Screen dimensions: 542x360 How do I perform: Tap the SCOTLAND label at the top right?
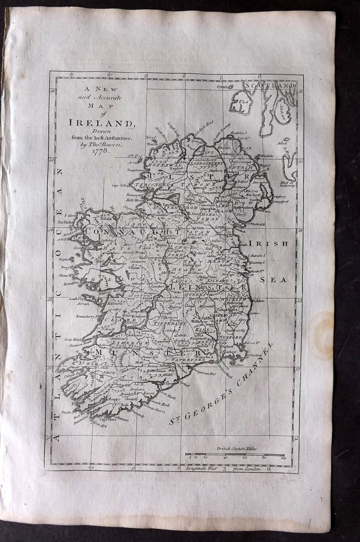pos(270,85)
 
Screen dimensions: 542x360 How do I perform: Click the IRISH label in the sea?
pos(268,243)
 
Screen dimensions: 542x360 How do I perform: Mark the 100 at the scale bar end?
pos(283,457)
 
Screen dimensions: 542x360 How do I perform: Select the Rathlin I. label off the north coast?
pos(238,133)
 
